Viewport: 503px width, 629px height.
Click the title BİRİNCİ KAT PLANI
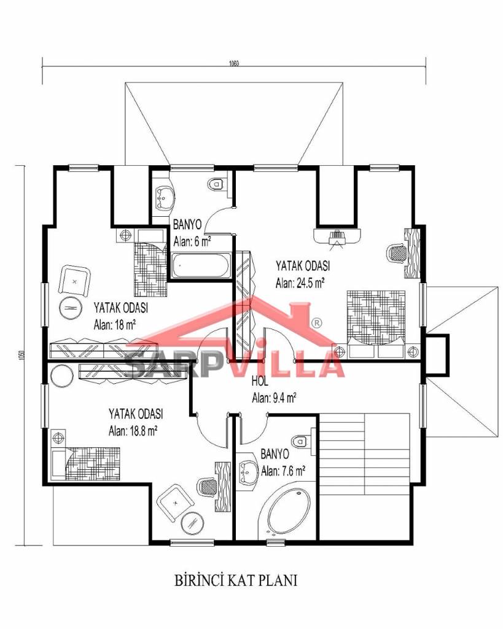pyautogui.click(x=236, y=580)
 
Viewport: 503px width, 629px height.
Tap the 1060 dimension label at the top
pyautogui.click(x=234, y=63)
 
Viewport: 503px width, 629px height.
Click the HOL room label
pyautogui.click(x=260, y=381)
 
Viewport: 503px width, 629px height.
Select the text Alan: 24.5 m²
pyautogui.click(x=300, y=283)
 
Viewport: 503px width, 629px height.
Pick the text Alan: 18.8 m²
pyautogui.click(x=133, y=431)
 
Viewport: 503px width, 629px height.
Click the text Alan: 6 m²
pyautogui.click(x=192, y=241)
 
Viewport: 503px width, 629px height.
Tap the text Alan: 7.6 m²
pyautogui.click(x=283, y=471)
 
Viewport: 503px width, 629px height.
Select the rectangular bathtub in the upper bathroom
pyautogui.click(x=201, y=265)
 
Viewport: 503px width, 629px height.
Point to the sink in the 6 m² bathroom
pyautogui.click(x=164, y=195)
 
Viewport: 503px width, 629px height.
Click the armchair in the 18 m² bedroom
pyautogui.click(x=74, y=281)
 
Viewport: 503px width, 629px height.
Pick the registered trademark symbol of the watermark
pyautogui.click(x=316, y=322)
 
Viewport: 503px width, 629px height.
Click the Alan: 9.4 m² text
pyautogui.click(x=274, y=398)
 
